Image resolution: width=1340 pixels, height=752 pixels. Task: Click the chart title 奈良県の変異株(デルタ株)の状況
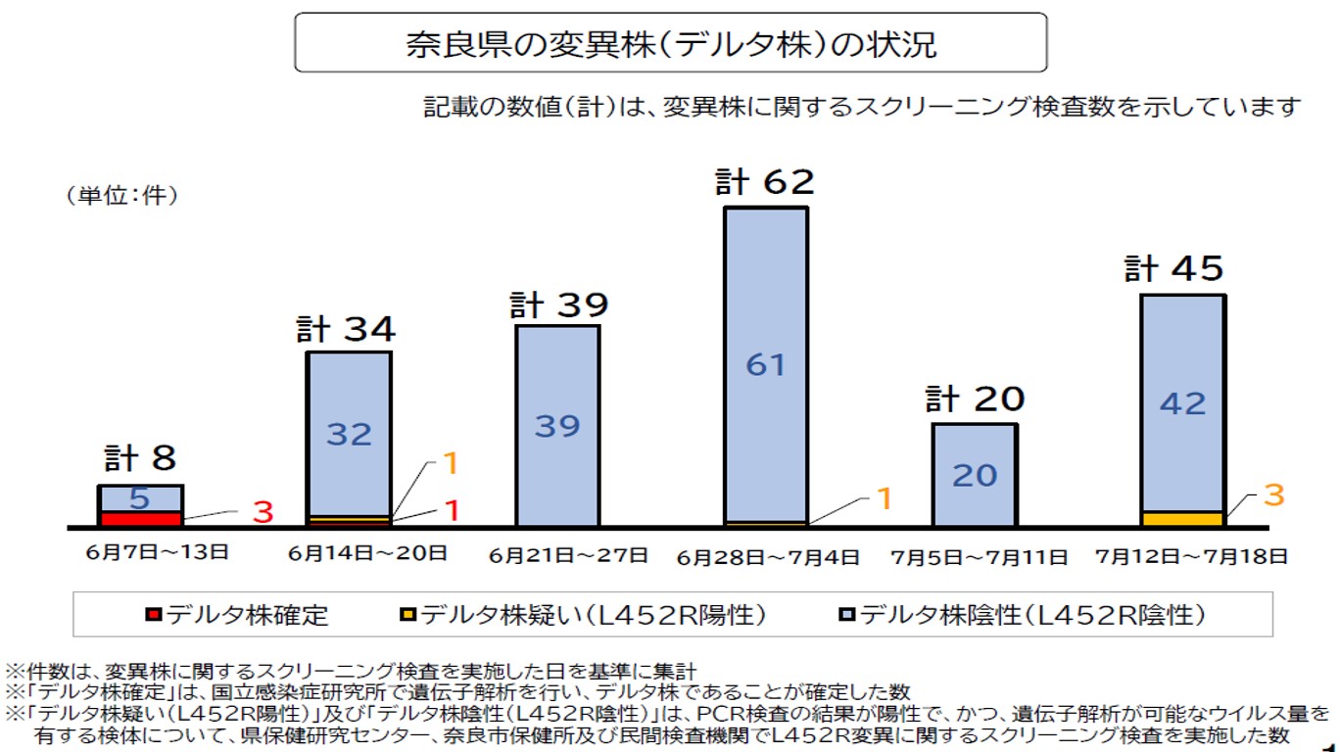671,44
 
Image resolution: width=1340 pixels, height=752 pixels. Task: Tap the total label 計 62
764,182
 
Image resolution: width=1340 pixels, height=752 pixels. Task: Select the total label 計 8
141,458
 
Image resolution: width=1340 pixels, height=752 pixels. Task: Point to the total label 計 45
1173,269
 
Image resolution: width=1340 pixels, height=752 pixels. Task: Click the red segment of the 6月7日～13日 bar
140,518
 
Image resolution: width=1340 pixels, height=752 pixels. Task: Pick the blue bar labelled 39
557,425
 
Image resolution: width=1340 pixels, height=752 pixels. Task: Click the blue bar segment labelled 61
766,364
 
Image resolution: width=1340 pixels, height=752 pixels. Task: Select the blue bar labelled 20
975,475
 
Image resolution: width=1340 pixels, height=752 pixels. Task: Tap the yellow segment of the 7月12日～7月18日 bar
1182,518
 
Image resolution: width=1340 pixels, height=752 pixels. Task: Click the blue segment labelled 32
350,433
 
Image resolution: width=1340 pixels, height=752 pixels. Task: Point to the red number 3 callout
263,511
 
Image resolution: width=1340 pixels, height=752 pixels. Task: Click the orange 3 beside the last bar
1273,495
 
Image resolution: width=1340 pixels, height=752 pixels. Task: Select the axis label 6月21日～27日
568,555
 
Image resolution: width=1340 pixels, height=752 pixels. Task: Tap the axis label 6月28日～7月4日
768,557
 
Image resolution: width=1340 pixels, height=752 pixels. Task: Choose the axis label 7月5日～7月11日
979,557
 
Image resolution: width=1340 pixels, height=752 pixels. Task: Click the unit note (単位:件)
121,196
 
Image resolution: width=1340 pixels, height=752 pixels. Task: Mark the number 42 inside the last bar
1182,403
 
